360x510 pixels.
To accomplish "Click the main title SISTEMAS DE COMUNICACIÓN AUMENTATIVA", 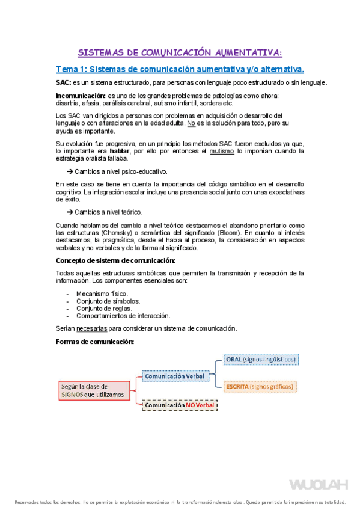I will [x=180, y=52].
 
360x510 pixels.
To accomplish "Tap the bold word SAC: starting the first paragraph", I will [x=63, y=82].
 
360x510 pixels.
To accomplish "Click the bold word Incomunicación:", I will [x=81, y=96].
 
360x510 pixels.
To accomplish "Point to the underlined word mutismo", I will [x=222, y=151].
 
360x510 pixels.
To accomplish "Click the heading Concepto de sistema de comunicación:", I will [x=115, y=260].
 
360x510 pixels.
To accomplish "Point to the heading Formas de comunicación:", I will [x=95, y=342].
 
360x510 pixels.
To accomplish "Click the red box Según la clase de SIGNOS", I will [x=93, y=390].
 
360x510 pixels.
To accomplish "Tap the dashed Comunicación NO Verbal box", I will [x=179, y=405].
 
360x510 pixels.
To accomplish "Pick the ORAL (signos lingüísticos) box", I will [x=261, y=360].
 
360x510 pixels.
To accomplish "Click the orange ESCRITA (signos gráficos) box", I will [x=260, y=386].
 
